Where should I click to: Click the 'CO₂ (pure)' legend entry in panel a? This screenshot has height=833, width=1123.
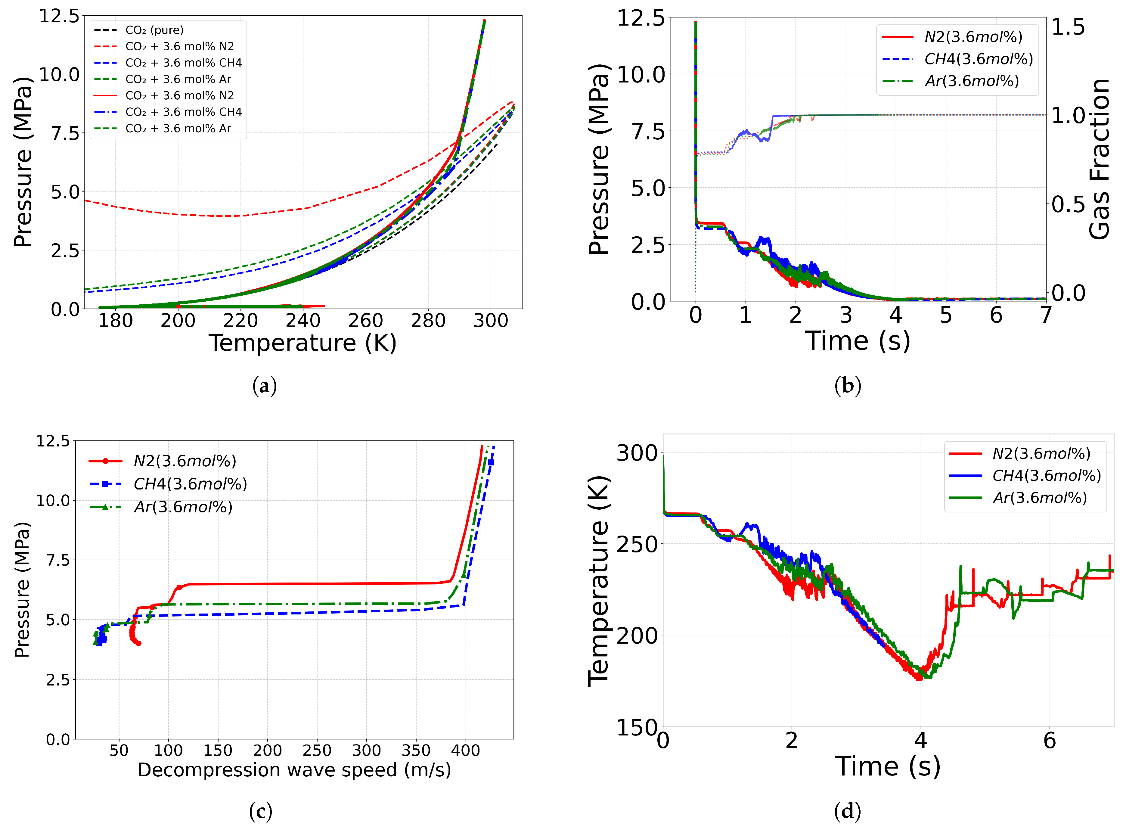tap(154, 30)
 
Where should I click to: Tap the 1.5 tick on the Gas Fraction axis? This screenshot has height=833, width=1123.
tap(1068, 27)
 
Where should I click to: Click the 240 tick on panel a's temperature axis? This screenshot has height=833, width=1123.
tap(303, 321)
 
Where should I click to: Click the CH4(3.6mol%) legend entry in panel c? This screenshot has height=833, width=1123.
tap(190, 484)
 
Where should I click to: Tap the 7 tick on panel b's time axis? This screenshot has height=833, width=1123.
tap(1046, 315)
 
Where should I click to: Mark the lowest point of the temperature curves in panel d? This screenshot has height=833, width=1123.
tap(919, 678)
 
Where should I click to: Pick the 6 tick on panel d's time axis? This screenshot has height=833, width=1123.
tap(1050, 741)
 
